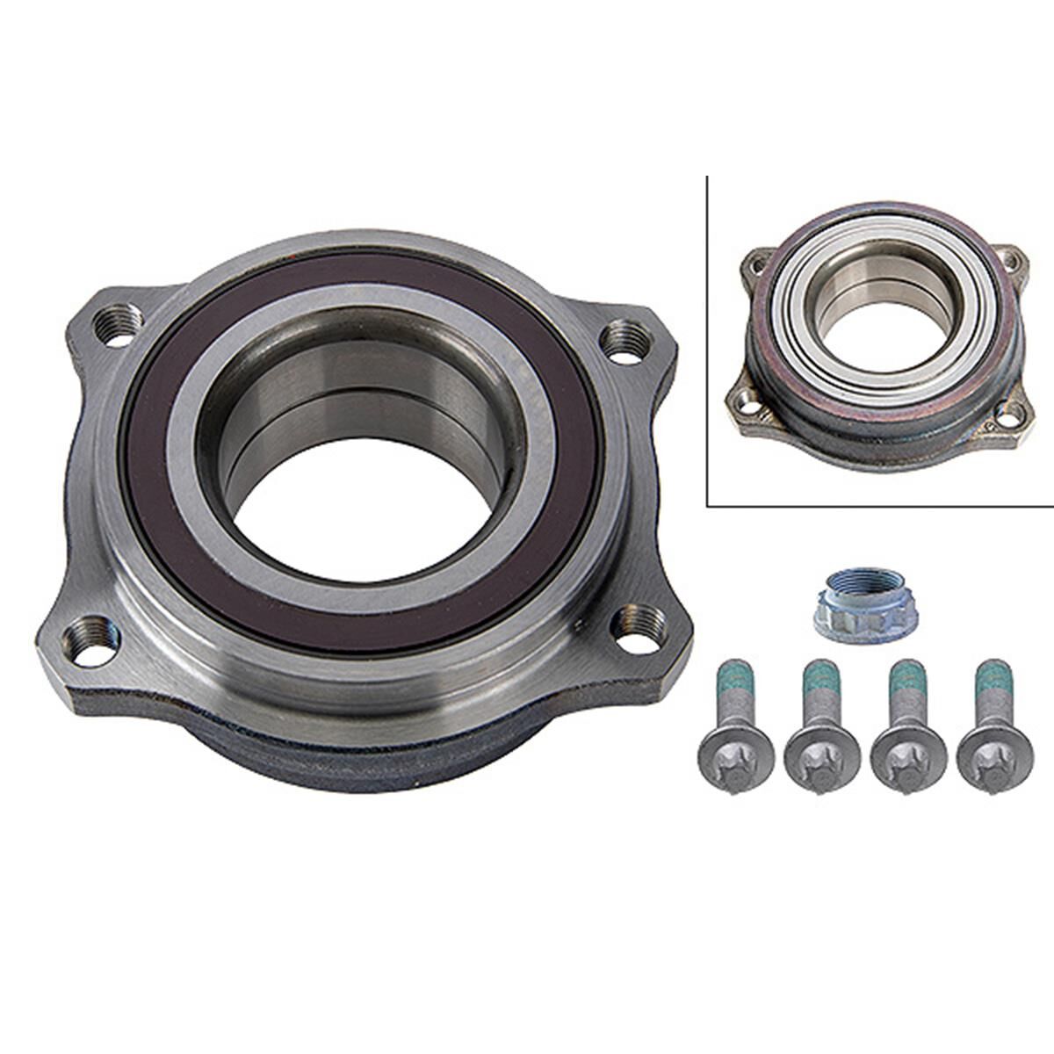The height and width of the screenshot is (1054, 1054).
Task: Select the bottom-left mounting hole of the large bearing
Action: click(x=88, y=635)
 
